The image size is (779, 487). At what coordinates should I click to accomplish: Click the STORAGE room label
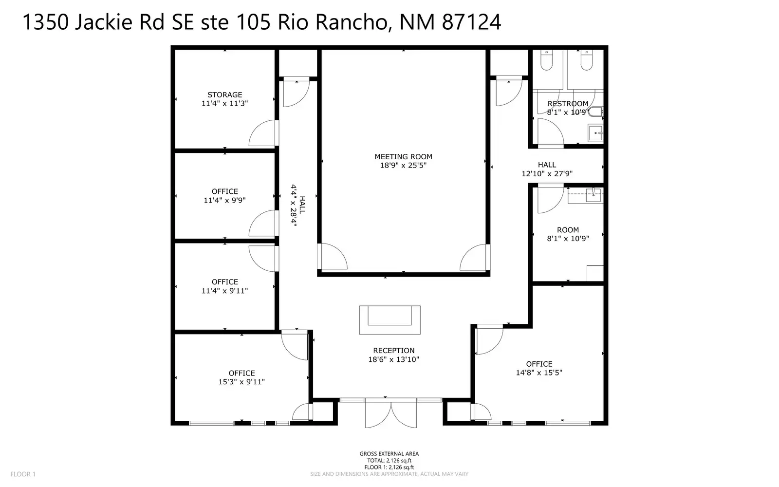pos(224,94)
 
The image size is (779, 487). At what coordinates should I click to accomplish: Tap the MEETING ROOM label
pos(404,156)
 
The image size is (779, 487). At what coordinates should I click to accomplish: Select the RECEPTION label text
pos(394,350)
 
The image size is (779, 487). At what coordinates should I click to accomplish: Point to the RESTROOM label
pos(568,104)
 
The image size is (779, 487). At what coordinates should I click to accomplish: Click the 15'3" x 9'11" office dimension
pos(241,382)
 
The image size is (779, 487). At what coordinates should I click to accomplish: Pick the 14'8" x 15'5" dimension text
pos(539,373)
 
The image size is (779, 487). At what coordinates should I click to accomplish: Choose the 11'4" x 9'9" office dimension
pos(224,200)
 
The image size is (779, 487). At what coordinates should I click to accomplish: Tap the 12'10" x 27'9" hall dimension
pos(547,173)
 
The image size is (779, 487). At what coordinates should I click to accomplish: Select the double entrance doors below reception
pos(391,414)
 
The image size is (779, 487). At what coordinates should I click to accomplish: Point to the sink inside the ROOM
pos(594,195)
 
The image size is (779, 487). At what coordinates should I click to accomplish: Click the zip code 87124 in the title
pos(471,22)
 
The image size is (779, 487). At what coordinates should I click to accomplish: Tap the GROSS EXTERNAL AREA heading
pos(389,453)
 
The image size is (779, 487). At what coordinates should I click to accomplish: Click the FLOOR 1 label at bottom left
pos(23,474)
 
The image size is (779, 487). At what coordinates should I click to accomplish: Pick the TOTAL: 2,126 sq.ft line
pos(389,461)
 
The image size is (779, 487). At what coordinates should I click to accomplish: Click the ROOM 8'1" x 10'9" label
pos(568,234)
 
